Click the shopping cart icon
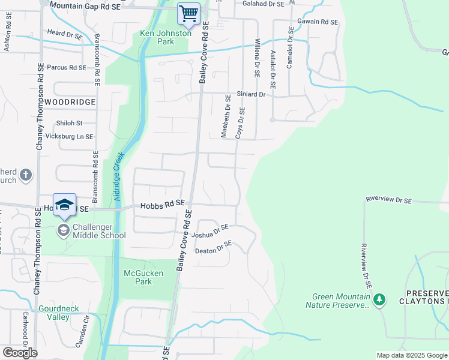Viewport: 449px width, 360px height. [x=189, y=13]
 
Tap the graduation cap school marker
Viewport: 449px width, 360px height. [x=65, y=205]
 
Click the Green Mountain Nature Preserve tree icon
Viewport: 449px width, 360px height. [x=379, y=299]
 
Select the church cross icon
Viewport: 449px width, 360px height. [x=26, y=175]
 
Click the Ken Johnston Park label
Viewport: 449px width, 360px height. [x=165, y=37]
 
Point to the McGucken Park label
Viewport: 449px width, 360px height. [x=138, y=277]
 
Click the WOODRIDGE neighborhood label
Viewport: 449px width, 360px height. [x=70, y=102]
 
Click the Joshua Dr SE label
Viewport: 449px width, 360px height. [x=211, y=231]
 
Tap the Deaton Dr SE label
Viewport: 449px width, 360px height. [x=214, y=247]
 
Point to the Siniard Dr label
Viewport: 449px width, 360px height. [x=251, y=94]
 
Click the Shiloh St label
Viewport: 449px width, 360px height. [x=69, y=123]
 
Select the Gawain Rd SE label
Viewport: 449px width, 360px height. [x=318, y=22]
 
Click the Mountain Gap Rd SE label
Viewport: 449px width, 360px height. [x=85, y=5]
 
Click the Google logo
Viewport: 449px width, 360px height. [x=20, y=353]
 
